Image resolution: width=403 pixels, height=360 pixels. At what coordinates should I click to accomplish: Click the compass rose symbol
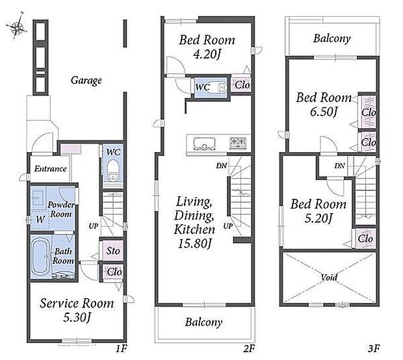[16, 26]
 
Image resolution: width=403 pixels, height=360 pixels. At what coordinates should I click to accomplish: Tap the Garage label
[86, 81]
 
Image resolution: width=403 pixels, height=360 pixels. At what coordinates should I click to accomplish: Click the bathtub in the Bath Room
[41, 257]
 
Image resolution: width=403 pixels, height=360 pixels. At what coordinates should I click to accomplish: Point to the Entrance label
[51, 169]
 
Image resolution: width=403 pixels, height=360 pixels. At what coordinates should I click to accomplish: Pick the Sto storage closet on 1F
[112, 251]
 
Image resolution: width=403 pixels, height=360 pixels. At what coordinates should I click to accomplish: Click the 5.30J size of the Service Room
[77, 318]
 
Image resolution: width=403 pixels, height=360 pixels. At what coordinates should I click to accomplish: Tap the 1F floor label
[121, 349]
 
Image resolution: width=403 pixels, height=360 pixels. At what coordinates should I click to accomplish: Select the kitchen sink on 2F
[204, 144]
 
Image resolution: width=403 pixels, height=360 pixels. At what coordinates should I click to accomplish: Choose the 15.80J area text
[194, 244]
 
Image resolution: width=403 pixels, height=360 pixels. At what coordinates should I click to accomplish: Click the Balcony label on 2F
[203, 322]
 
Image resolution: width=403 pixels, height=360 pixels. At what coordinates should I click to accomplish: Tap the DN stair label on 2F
[221, 166]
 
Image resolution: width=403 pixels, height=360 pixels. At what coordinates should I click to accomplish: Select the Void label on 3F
[329, 277]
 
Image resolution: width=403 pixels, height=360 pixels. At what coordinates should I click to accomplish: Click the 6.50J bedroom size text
[324, 112]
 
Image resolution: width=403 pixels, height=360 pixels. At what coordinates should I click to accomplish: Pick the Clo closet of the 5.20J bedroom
[365, 238]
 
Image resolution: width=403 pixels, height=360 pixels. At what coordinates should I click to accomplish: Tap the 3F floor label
[374, 349]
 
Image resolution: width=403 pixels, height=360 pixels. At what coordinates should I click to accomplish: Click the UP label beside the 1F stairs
[94, 226]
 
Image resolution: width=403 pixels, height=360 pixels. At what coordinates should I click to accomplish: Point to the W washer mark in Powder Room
[40, 220]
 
